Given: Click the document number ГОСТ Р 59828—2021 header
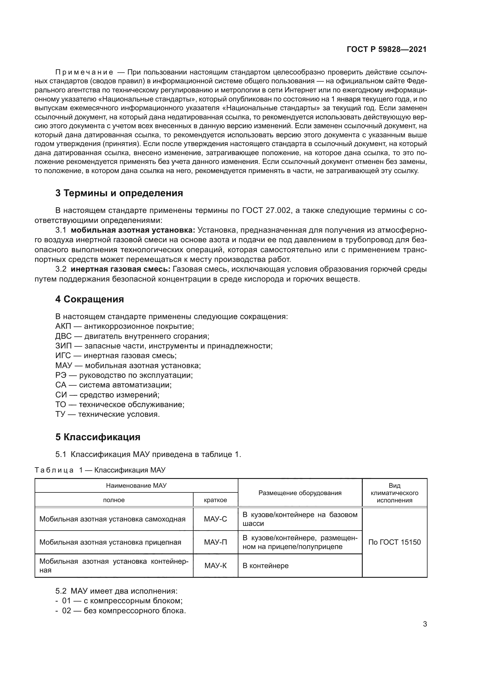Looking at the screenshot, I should pyautogui.click(x=386, y=50).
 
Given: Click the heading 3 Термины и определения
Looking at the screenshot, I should pyautogui.click(x=119, y=193).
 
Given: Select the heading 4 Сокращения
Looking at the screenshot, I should pyautogui.click(x=90, y=299).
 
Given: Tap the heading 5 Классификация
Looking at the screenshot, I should pyautogui.click(x=98, y=437).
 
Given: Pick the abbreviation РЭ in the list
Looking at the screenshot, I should pyautogui.click(x=60, y=375).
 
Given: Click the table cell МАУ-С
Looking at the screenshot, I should pyautogui.click(x=215, y=519).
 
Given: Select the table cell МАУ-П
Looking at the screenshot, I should pyautogui.click(x=215, y=542).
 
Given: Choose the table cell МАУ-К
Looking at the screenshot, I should pyautogui.click(x=215, y=565).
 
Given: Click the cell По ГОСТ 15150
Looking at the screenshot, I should pyautogui.click(x=394, y=542).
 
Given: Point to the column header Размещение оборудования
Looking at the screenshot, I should pyautogui.click(x=300, y=493).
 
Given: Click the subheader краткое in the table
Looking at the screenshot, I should pyautogui.click(x=215, y=500).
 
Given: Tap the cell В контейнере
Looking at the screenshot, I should pyautogui.click(x=265, y=565).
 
